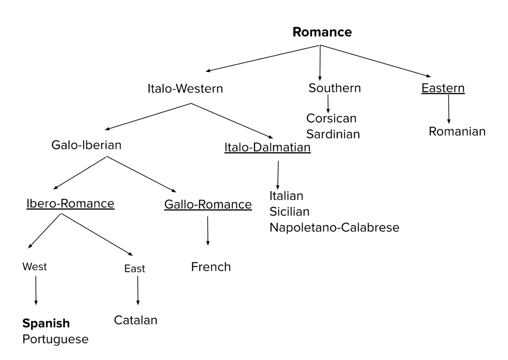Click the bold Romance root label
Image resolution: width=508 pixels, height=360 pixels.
[x=322, y=32]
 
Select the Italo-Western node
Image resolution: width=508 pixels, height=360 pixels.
[x=185, y=88]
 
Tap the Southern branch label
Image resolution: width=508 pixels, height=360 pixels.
[x=335, y=88]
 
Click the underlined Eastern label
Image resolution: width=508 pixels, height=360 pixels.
[x=443, y=88]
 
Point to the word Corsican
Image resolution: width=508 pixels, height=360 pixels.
[x=331, y=118]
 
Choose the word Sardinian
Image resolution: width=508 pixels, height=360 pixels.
[x=333, y=134]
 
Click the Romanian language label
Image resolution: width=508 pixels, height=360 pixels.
[x=457, y=131]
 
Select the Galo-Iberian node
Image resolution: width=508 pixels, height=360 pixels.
[x=86, y=145]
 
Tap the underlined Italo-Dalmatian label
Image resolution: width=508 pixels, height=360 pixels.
[x=267, y=147]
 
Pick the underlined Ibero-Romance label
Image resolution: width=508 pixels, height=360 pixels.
[x=70, y=203]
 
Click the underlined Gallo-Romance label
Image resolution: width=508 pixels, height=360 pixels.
[x=208, y=204]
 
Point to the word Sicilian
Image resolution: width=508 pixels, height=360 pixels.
[x=289, y=212]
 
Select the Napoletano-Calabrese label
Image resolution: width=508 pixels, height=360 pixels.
[x=334, y=228]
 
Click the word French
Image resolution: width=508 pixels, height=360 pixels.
[x=211, y=267]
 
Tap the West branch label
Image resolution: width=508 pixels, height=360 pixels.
[x=34, y=266]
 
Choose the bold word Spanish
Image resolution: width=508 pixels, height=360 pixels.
[x=46, y=323]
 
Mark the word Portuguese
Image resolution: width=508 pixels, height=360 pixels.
[x=55, y=339]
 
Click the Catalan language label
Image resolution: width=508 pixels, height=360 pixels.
[x=135, y=320]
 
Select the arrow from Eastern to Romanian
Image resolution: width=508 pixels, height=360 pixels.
[x=448, y=109]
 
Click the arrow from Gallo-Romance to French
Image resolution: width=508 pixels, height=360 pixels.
[x=208, y=231]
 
